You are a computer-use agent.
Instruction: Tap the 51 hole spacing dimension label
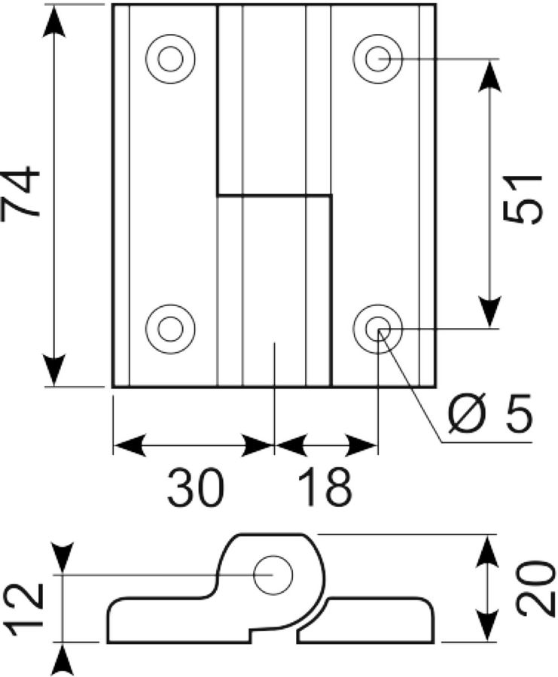click(x=523, y=199)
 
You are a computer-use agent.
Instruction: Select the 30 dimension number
click(x=196, y=487)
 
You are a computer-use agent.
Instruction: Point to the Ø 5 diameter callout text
click(x=489, y=413)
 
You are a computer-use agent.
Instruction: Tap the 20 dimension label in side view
click(x=535, y=588)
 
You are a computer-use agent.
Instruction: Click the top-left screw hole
click(x=170, y=59)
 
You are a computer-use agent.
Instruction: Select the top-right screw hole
click(x=378, y=59)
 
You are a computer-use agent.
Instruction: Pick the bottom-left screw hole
click(x=170, y=329)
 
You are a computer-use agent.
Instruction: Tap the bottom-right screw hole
click(x=378, y=329)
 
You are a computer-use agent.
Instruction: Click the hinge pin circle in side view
click(x=273, y=575)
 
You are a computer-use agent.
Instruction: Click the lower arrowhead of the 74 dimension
click(x=55, y=370)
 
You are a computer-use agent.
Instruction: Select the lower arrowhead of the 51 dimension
click(x=489, y=311)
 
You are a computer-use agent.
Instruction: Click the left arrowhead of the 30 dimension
click(x=129, y=445)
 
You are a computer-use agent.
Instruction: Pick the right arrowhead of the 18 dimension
click(x=361, y=445)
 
